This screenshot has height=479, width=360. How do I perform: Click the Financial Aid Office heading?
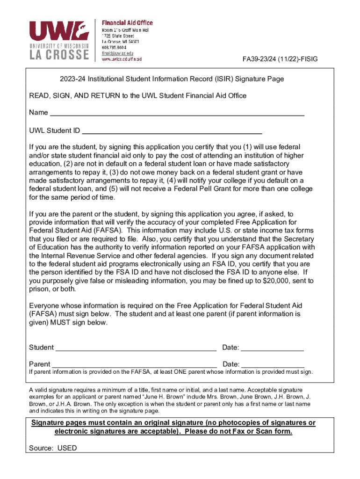click(x=127, y=23)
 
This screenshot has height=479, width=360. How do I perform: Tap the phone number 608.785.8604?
click(x=114, y=47)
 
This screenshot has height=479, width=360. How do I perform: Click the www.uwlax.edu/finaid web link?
click(x=122, y=59)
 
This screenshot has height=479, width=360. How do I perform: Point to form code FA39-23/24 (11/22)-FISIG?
click(x=279, y=59)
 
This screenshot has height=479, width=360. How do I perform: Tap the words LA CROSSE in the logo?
click(x=58, y=55)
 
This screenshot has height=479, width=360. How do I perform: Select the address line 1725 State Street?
click(x=118, y=36)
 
